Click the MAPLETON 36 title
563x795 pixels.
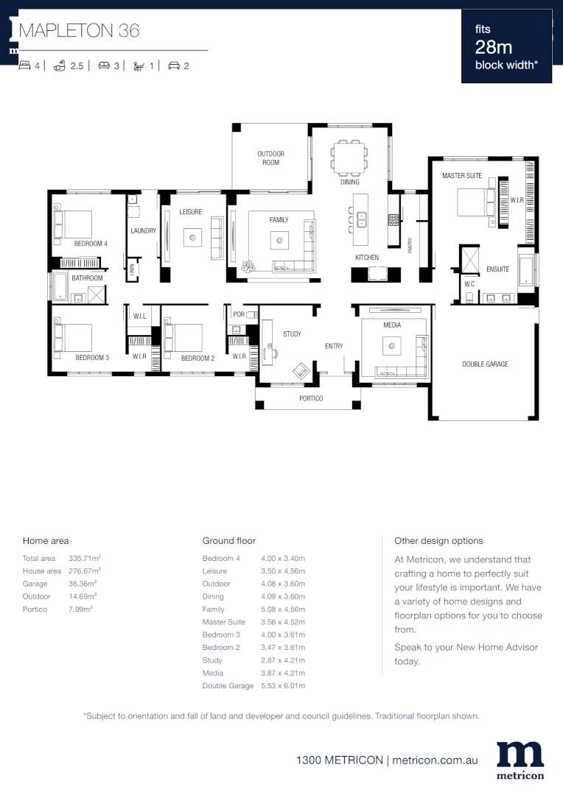(79, 30)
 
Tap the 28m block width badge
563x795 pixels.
(506, 47)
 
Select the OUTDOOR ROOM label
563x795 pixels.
(270, 158)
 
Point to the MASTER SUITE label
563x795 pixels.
(462, 176)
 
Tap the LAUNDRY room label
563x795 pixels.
(143, 230)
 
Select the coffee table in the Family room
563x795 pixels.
(279, 239)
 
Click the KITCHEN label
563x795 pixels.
(367, 258)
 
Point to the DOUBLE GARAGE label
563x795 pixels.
(485, 364)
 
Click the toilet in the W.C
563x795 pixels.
(469, 297)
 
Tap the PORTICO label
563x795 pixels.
(310, 399)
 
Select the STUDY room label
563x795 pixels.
(292, 334)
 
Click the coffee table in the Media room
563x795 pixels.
(392, 347)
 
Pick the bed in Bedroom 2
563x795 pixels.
(184, 337)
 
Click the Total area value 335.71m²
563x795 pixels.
(84, 559)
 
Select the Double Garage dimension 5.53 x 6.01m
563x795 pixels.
(283, 686)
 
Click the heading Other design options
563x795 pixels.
(438, 540)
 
